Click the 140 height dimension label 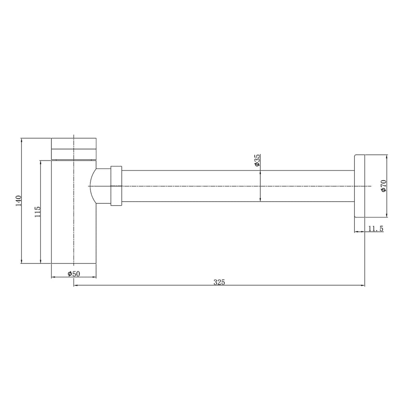point(18,201)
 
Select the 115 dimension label point(38,212)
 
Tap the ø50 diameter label point(74,274)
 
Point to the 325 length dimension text point(219,282)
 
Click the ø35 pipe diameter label point(257,161)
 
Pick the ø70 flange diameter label point(383,186)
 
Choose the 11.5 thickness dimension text point(376,229)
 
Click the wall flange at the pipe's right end point(359,186)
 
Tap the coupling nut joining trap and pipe point(116,186)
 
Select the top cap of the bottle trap point(74,143)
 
